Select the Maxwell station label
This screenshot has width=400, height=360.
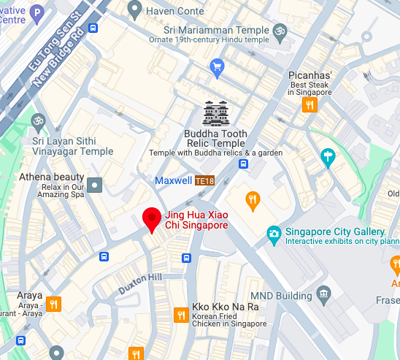(x=174, y=180)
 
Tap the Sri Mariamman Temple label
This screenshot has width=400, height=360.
(x=206, y=29)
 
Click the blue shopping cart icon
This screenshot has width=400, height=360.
(x=217, y=69)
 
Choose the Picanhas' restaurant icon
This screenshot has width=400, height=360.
(x=310, y=104)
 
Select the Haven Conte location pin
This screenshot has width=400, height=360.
(x=134, y=9)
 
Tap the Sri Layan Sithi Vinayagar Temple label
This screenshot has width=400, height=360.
(x=73, y=146)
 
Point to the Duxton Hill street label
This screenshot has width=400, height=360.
(x=141, y=284)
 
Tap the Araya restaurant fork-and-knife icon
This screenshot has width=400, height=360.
(x=53, y=304)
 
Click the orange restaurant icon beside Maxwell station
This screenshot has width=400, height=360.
(x=253, y=201)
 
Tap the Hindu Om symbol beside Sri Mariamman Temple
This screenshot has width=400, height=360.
(x=278, y=31)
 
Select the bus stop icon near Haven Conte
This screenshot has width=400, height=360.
(x=93, y=28)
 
